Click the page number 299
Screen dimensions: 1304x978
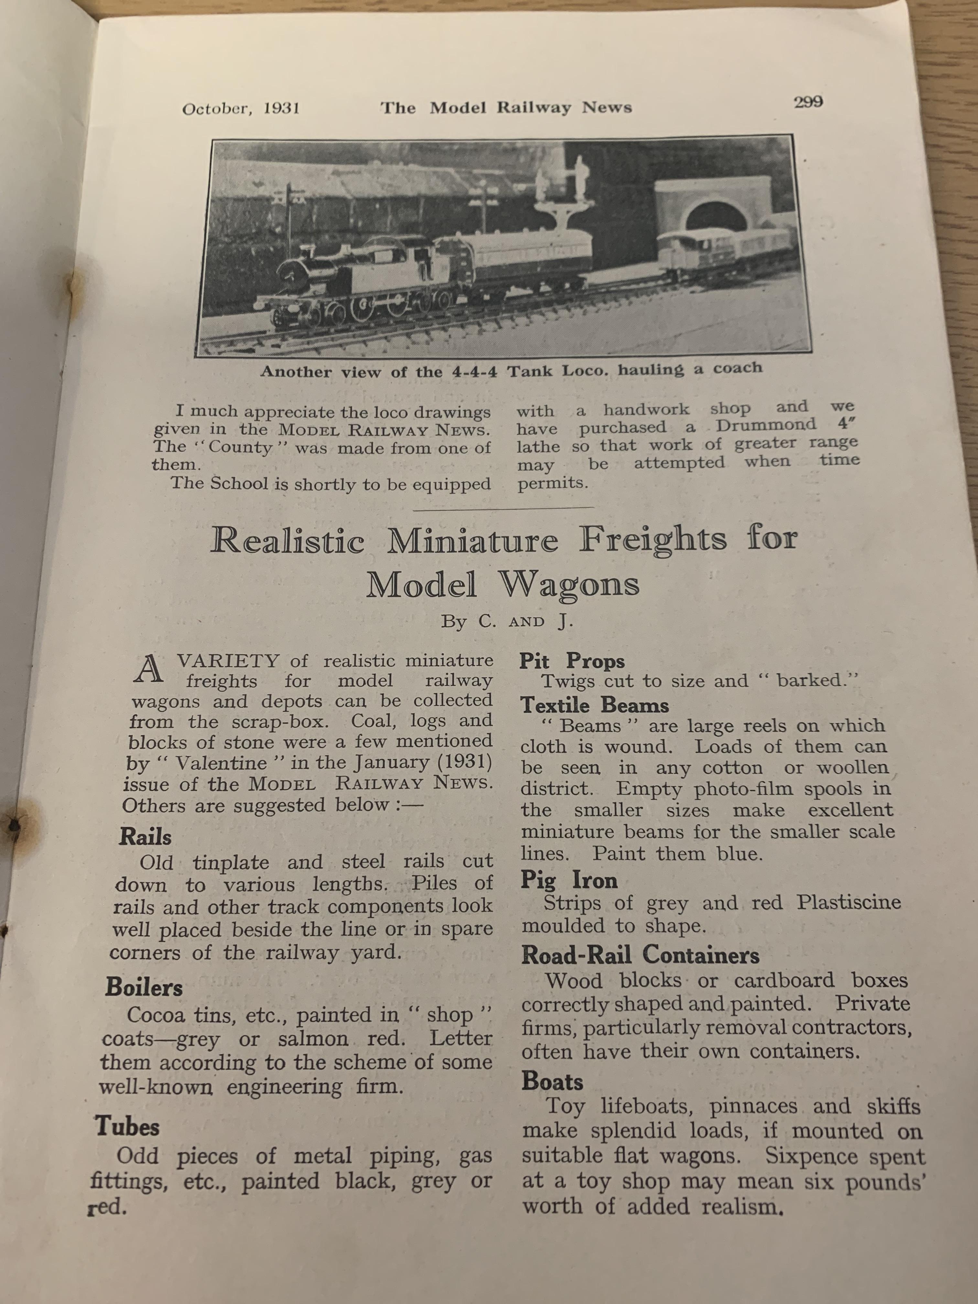[x=808, y=102]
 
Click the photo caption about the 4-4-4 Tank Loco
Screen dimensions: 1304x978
[x=511, y=370]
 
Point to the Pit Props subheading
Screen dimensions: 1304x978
[x=571, y=661]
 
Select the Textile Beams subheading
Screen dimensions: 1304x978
[x=594, y=705]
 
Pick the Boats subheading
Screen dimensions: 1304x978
[x=552, y=1082]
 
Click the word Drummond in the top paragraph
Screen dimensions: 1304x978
[x=766, y=426]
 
